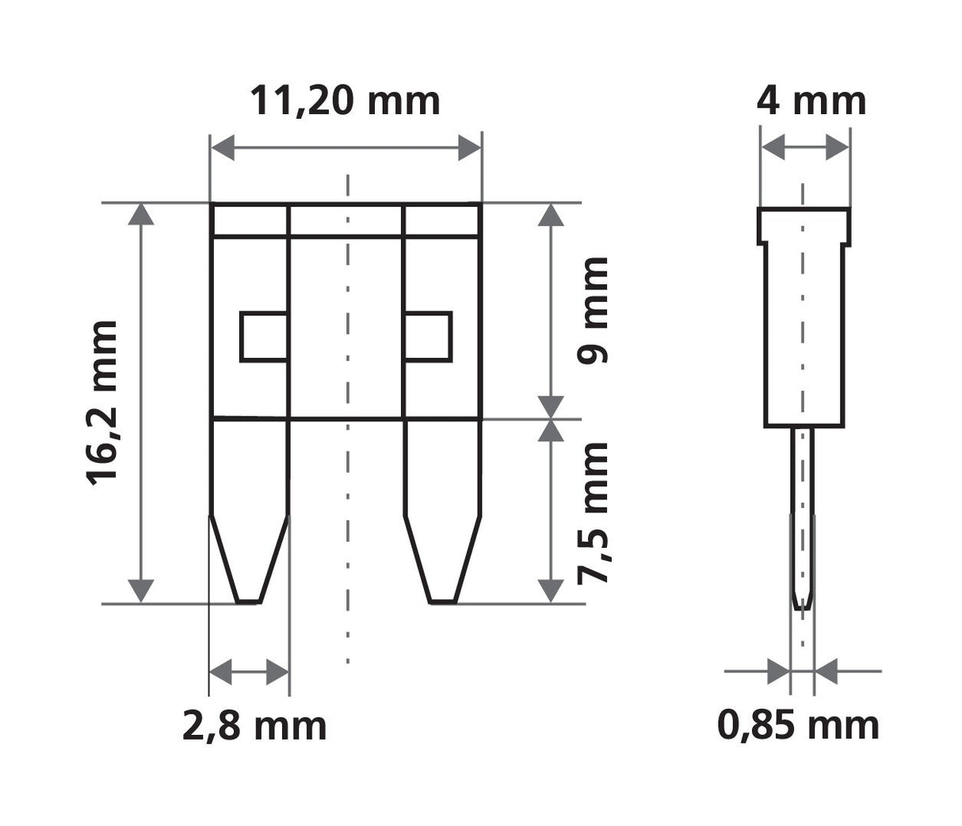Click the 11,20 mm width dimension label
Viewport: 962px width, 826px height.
point(345,101)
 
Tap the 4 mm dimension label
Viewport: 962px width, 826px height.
point(811,101)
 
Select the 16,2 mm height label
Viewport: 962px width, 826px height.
point(102,402)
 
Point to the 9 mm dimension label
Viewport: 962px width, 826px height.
point(594,310)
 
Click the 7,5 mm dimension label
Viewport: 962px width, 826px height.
point(594,512)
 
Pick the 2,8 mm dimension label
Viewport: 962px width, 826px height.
point(254,725)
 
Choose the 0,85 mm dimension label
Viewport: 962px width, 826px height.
point(798,725)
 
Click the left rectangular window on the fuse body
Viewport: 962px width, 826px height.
point(263,337)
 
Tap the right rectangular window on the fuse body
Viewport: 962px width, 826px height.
point(429,337)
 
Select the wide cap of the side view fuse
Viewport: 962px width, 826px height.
point(805,226)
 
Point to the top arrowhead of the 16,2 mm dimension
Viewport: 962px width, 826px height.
point(141,215)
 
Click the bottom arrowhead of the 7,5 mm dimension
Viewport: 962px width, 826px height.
point(551,591)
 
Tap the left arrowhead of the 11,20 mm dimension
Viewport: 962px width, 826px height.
point(223,147)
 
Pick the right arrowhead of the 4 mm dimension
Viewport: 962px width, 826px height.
point(838,147)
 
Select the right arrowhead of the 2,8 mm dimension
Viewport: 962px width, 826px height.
point(277,672)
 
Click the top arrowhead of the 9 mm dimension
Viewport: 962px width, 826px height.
point(551,215)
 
